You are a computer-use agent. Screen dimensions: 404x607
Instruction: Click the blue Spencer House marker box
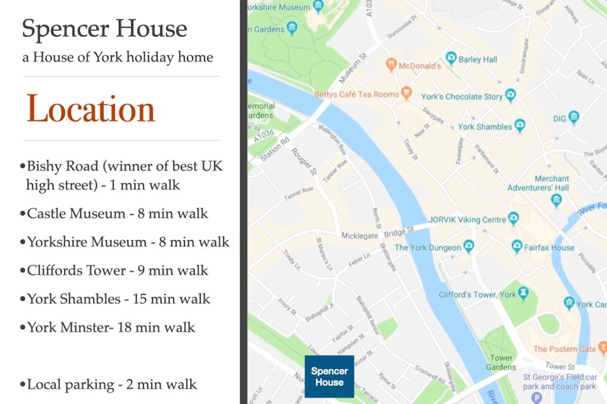[329, 377]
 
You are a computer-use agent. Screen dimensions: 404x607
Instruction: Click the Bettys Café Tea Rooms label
[357, 94]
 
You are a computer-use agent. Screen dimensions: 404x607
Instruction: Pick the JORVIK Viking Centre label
[467, 220]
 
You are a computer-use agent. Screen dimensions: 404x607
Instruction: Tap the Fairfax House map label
[549, 248]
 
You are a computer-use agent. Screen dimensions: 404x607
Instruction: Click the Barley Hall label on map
[478, 59]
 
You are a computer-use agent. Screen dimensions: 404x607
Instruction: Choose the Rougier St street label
[304, 162]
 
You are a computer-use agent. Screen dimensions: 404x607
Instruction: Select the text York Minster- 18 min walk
[111, 328]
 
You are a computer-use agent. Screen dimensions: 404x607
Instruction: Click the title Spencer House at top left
[104, 28]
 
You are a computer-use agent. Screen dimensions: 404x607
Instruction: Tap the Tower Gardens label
[501, 362]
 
